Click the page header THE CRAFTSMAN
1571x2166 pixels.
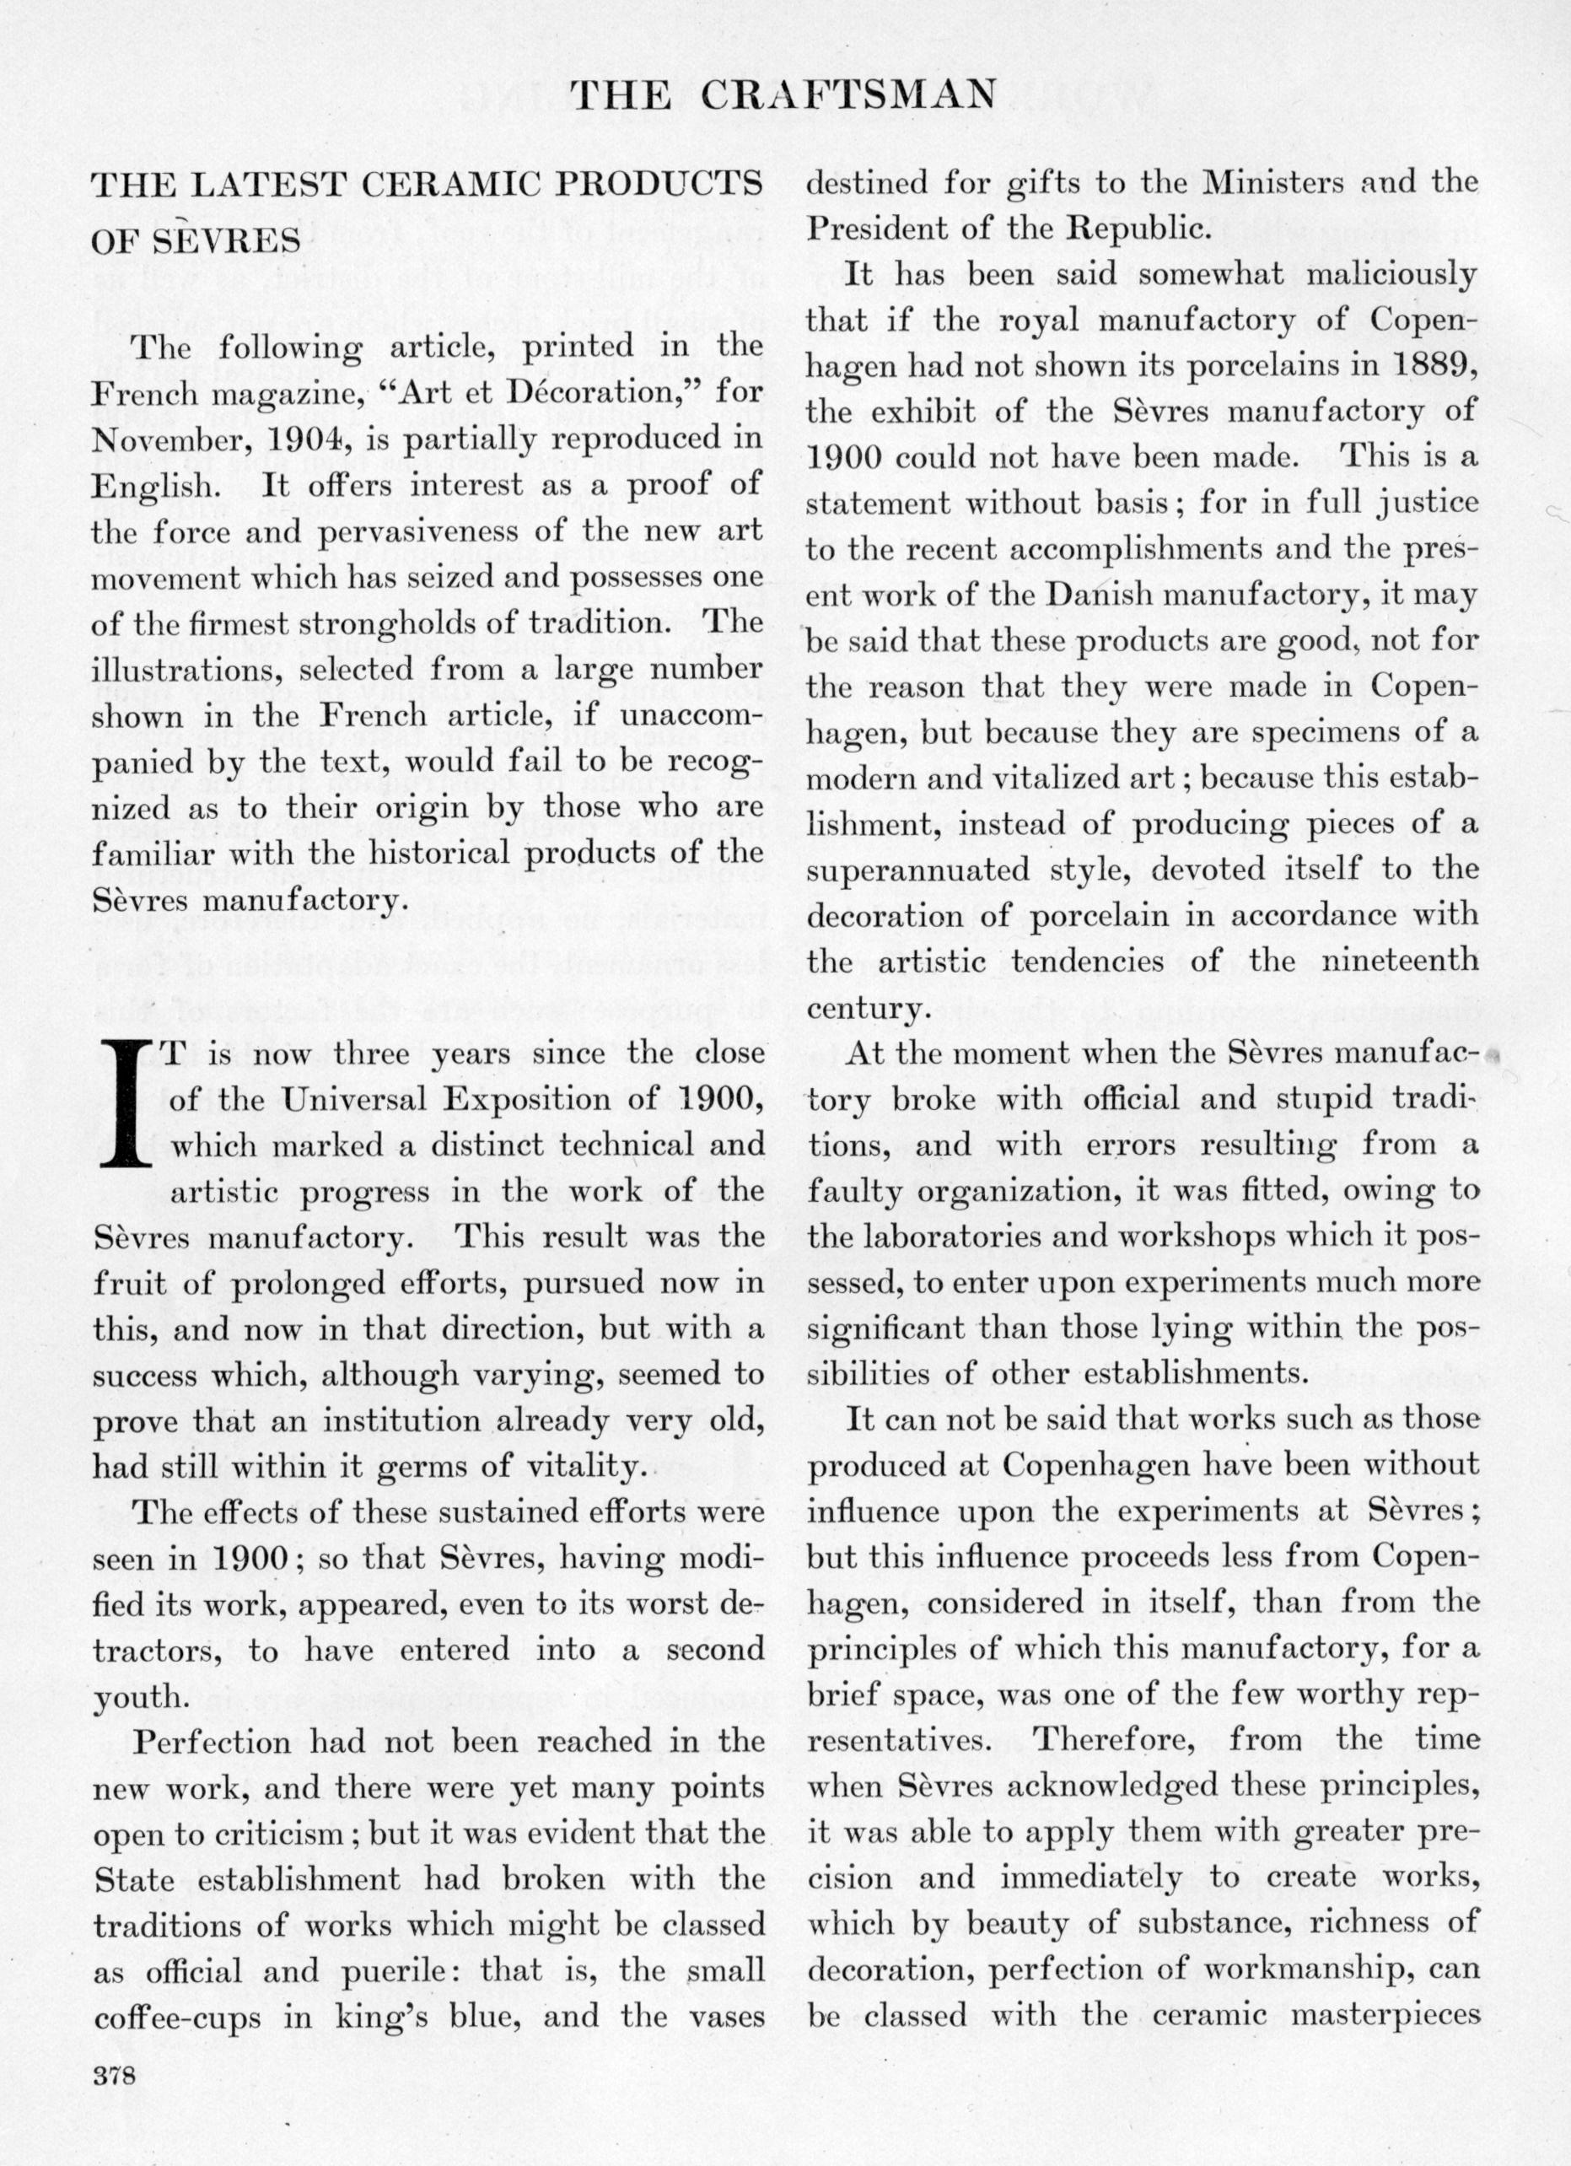point(787,94)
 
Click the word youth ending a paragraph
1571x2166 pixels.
point(138,1697)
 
